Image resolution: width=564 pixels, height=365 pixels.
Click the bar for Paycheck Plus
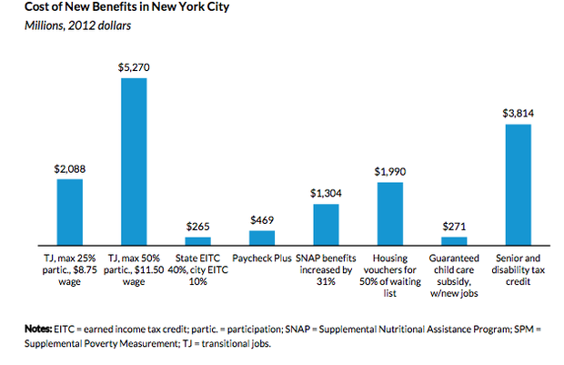(x=262, y=237)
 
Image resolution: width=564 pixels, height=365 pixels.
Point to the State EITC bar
(x=197, y=240)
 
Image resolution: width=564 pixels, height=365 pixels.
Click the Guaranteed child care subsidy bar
(x=454, y=240)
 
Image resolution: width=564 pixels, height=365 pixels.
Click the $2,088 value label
(x=70, y=167)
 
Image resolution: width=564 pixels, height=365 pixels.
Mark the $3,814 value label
(x=518, y=113)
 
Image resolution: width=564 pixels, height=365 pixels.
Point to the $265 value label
(x=197, y=226)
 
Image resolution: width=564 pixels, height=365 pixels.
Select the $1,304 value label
(x=326, y=193)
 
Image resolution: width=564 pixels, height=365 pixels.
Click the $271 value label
(x=454, y=226)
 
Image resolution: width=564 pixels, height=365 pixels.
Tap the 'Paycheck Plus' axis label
(x=262, y=258)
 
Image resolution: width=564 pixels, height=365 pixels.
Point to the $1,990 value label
(x=389, y=171)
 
